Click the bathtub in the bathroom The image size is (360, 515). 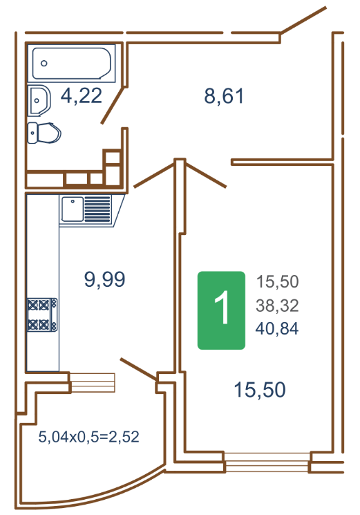point(72,64)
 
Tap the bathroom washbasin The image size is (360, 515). point(39,100)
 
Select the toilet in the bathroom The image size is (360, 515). point(44,133)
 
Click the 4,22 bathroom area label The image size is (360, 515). point(82,96)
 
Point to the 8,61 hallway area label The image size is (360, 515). point(224,96)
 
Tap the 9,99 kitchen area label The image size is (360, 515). point(105,279)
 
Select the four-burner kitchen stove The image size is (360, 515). point(42,315)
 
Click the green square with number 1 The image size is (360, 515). point(221,310)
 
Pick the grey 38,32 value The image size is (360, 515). point(277,306)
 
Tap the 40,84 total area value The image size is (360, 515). point(277,328)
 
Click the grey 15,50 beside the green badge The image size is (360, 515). point(277,282)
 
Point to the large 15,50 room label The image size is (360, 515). point(260,390)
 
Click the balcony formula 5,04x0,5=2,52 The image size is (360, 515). point(88,437)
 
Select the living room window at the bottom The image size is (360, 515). point(267,462)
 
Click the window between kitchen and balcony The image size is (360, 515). point(93,383)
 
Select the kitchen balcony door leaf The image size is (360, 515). point(138,369)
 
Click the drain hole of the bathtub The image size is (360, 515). point(44,64)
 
